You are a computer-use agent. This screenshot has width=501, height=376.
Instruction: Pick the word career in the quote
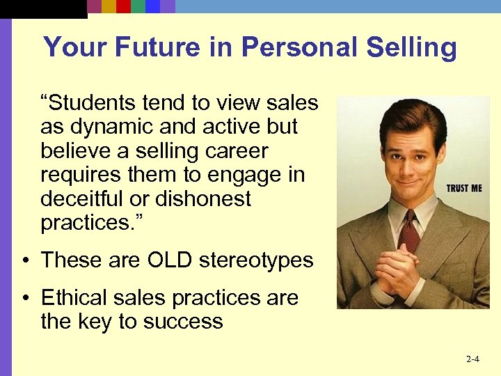(x=235, y=151)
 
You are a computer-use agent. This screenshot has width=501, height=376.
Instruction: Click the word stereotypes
(x=256, y=260)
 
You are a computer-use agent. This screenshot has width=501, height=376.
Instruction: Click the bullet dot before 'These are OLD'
(x=25, y=261)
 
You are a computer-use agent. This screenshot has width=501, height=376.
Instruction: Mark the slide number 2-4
(x=472, y=359)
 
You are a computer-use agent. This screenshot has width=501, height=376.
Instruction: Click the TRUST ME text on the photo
(x=463, y=188)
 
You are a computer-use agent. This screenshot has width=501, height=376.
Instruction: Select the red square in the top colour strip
(x=123, y=6)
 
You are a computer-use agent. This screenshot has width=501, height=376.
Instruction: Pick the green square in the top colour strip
(x=138, y=6)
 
